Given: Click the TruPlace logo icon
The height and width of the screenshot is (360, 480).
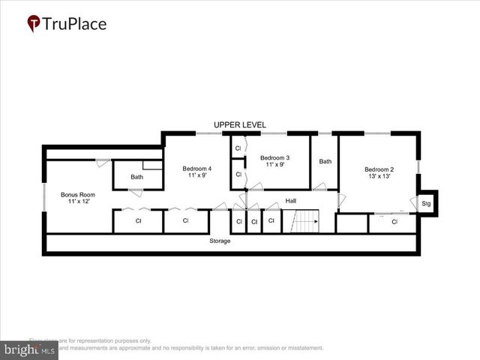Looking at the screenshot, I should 34,24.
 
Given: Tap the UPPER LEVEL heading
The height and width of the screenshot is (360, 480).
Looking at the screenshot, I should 239,124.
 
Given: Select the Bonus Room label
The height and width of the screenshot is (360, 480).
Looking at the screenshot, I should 75,195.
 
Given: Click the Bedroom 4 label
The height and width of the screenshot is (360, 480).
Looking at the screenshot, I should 196,169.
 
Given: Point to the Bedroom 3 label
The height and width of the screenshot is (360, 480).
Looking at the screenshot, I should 274,158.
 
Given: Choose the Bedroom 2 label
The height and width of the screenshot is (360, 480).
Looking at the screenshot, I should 379,169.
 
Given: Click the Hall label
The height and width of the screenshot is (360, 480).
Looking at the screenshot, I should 291,201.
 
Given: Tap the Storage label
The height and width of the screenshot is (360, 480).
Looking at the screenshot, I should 220,241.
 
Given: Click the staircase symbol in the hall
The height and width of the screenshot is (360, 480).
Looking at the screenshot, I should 305,221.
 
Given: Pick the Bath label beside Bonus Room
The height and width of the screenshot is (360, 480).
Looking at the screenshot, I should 136,178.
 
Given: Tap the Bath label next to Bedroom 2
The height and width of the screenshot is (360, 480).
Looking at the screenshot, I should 325,161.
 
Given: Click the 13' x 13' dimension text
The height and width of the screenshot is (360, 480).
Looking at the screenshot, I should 379,178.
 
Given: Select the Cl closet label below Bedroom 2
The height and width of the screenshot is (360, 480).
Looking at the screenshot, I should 394,222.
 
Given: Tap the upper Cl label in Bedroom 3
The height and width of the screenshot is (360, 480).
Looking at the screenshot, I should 238,148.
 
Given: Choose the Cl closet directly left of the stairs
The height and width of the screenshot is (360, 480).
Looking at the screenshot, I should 271,222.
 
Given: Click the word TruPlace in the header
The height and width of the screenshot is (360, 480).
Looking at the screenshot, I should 75,24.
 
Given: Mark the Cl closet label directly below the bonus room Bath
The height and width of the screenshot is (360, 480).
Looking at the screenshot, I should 138,221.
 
